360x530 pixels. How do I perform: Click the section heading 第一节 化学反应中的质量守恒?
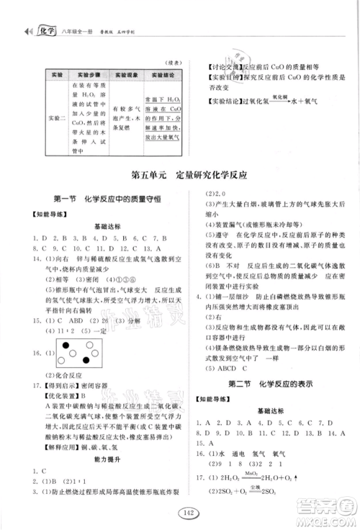click(102, 199)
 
